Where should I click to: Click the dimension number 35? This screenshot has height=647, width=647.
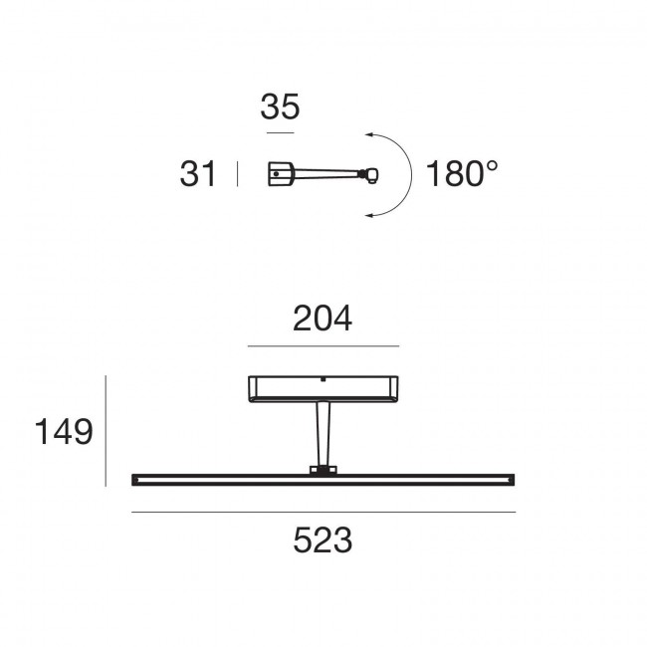pos(280,107)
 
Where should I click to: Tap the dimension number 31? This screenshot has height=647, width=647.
pos(198,174)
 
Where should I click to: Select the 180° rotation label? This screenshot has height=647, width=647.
pos(462,174)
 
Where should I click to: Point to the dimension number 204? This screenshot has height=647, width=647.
pos(323,319)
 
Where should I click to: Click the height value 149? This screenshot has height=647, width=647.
pos(64,432)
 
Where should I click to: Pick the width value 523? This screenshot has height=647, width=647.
pos(323,540)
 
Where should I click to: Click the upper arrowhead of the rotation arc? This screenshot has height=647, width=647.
pos(369,134)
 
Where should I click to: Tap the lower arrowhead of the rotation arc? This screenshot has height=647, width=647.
pos(369,215)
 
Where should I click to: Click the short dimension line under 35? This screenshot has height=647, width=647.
pos(280,132)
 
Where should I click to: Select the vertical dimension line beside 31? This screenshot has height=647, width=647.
pos(237,174)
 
